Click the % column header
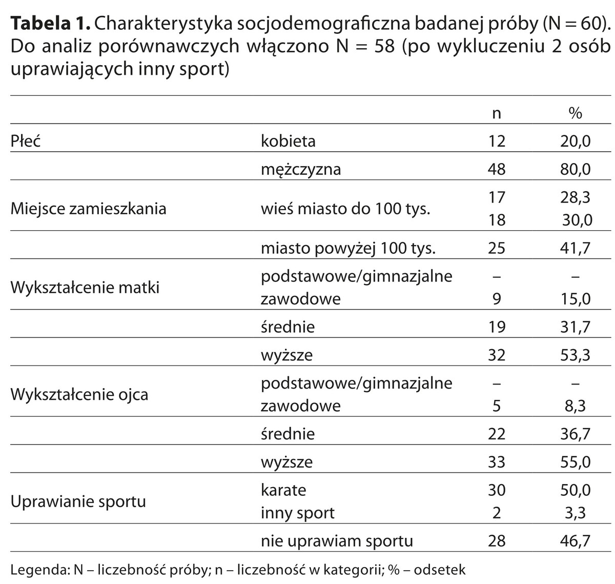click(x=576, y=113)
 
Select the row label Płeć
click(x=26, y=141)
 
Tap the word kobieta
click(x=288, y=141)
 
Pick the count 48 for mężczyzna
click(x=496, y=169)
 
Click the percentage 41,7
click(x=576, y=249)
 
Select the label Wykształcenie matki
click(x=85, y=288)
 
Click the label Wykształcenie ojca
click(x=79, y=395)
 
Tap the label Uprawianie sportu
click(x=78, y=501)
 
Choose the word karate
click(x=283, y=490)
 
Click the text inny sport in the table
click(x=297, y=513)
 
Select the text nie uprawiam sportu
click(x=337, y=541)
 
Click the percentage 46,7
click(x=576, y=541)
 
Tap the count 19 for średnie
click(x=496, y=327)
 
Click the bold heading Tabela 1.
click(x=50, y=23)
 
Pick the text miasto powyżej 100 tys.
click(x=348, y=249)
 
